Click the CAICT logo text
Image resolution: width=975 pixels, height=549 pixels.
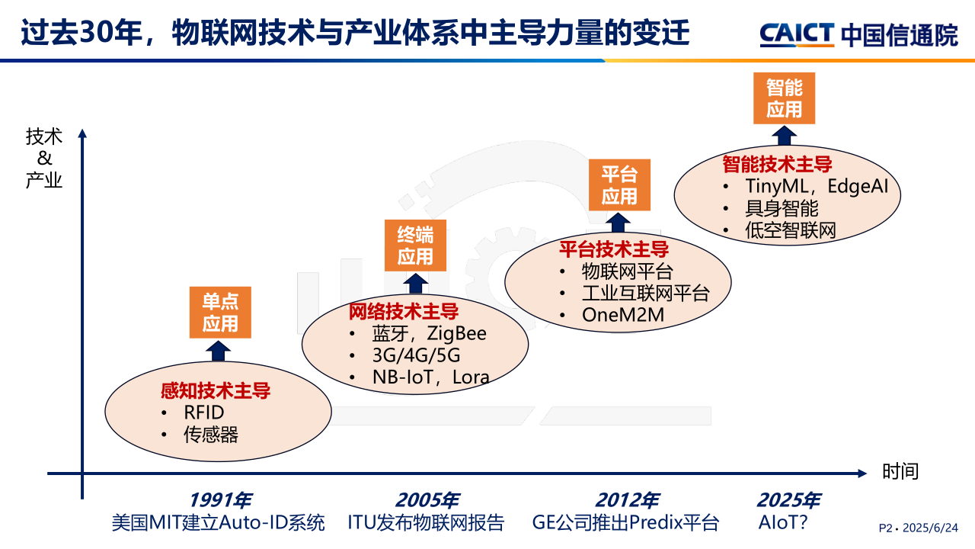point(797,34)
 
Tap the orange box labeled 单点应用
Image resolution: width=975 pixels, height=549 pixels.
point(220,313)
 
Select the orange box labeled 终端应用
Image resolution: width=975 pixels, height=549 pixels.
point(415,246)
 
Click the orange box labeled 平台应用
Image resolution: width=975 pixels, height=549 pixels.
point(619,185)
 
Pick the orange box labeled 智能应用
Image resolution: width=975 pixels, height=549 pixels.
point(785,98)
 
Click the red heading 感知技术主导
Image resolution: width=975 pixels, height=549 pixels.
point(216,390)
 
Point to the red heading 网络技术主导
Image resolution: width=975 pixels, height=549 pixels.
point(404,312)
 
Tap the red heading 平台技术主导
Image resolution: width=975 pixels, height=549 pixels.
point(614,249)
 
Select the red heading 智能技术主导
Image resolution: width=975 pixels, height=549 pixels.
point(778,164)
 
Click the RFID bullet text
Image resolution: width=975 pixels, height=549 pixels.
point(204,413)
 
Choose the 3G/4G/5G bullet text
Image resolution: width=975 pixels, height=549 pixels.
point(416,355)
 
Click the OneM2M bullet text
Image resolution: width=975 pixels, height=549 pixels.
point(623,315)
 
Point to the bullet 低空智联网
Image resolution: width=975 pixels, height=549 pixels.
point(791,230)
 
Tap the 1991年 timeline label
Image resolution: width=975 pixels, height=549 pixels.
point(220,500)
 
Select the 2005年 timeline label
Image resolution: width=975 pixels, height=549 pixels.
point(427,500)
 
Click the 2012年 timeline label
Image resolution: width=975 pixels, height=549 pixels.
point(627,500)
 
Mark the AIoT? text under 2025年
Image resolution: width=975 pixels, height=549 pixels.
point(782,522)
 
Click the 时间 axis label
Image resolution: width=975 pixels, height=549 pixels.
point(900,471)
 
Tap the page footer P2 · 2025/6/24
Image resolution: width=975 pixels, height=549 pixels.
point(919,528)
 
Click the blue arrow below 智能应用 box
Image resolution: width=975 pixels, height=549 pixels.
point(785,136)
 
